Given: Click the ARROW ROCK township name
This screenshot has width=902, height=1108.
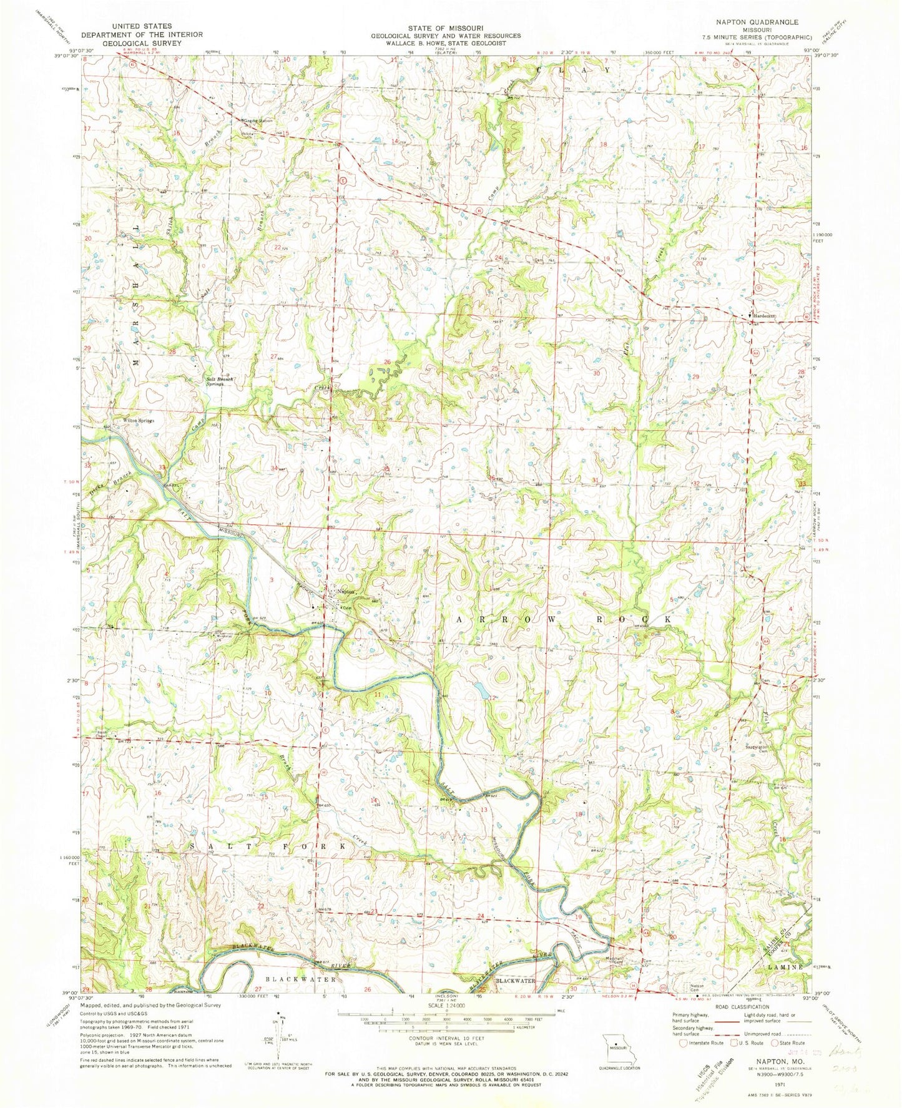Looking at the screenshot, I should coord(564,619).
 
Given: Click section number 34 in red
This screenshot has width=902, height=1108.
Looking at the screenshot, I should coord(273,468).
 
